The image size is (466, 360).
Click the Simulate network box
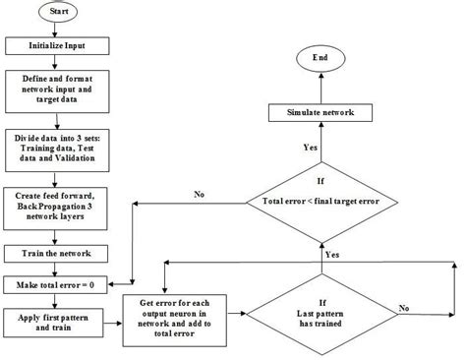pyautogui.click(x=320, y=113)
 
